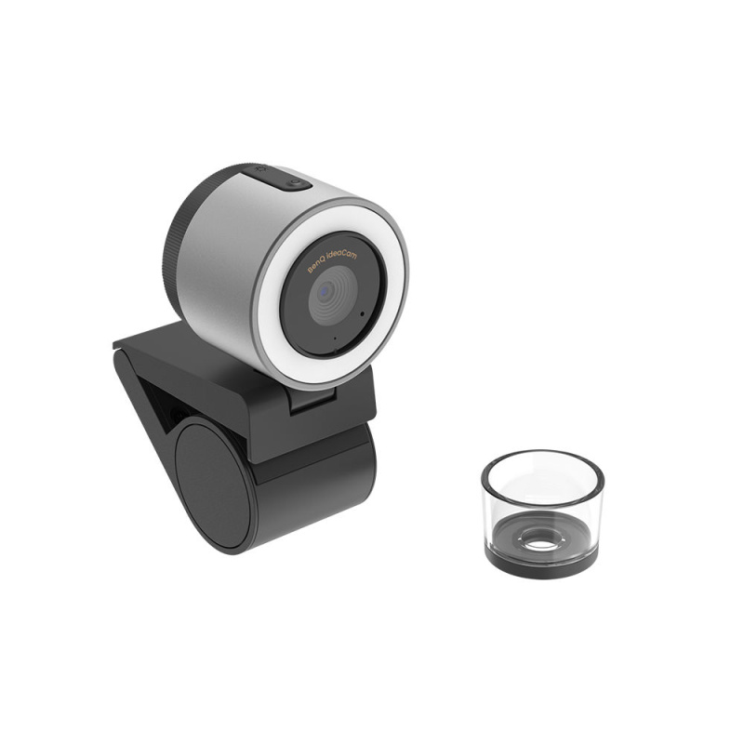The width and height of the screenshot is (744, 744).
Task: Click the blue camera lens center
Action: (x=325, y=291)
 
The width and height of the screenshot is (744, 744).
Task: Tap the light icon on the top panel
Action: (x=296, y=182)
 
